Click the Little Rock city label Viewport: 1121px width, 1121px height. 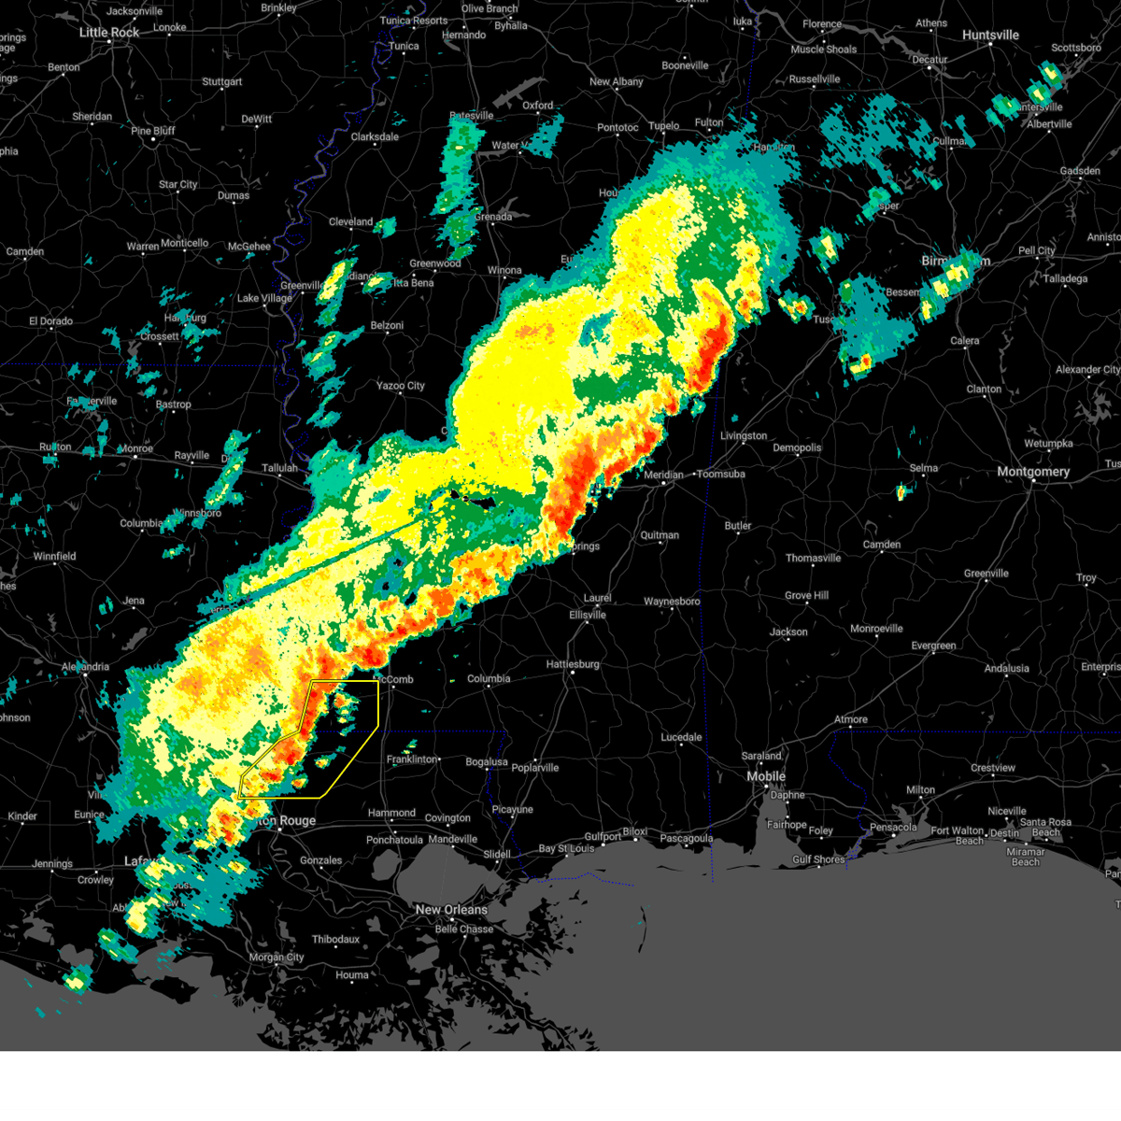(x=108, y=33)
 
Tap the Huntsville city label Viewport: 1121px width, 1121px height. (x=990, y=35)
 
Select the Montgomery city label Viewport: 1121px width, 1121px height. (x=1032, y=472)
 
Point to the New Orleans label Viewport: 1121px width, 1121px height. (x=451, y=910)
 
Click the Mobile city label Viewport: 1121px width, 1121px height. (x=766, y=777)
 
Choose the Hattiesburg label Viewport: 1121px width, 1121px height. (x=573, y=664)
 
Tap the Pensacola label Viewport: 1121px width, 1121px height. (x=893, y=827)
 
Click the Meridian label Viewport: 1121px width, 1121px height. (x=663, y=475)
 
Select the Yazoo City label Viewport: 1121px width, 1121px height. (x=400, y=386)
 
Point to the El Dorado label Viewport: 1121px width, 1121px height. (x=50, y=321)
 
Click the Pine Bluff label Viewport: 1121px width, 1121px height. (x=152, y=131)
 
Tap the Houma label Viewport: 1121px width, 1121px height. (x=352, y=975)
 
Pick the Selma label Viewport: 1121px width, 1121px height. (x=923, y=469)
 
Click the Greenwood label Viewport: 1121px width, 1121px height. (x=435, y=264)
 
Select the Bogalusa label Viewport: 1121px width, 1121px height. (x=486, y=762)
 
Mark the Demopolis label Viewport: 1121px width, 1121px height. (x=797, y=448)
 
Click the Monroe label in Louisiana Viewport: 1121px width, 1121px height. (x=135, y=449)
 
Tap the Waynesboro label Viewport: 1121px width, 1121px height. (x=672, y=602)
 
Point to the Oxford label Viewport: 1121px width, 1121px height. (x=537, y=106)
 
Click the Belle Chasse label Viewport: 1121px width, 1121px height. (x=463, y=929)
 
